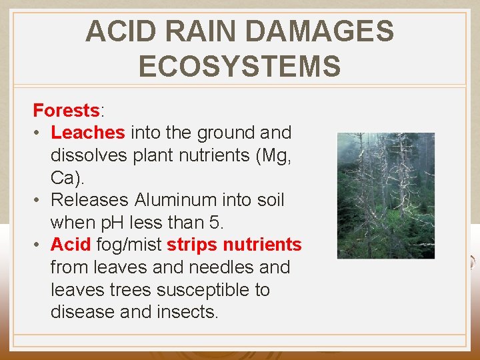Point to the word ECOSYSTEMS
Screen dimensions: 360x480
[239, 67]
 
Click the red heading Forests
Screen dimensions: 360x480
[66, 110]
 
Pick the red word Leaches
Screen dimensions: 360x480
[87, 133]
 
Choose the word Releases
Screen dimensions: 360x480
[90, 200]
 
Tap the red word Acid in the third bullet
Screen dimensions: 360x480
[70, 245]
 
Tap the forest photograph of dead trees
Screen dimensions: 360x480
[385, 195]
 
